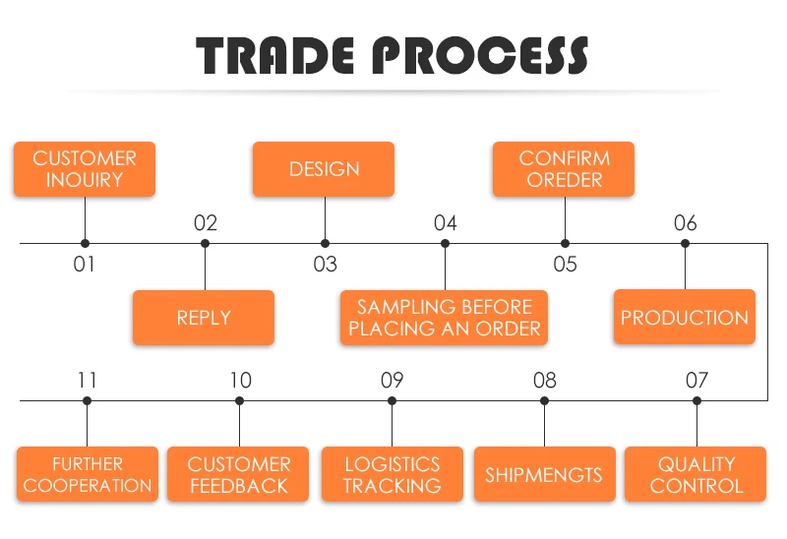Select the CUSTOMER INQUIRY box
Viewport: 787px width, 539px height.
tap(85, 169)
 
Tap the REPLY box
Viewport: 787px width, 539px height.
tap(204, 318)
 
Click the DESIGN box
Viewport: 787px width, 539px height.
tap(324, 169)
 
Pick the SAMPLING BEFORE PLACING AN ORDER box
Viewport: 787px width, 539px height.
tap(445, 318)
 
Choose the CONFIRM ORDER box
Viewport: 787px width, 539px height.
tap(564, 169)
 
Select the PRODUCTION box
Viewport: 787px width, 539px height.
tap(685, 318)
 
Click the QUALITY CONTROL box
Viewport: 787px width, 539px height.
tap(696, 475)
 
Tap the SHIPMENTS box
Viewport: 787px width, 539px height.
tap(543, 475)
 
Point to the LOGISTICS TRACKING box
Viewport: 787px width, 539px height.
tap(392, 475)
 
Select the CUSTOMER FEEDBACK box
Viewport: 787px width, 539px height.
tap(239, 475)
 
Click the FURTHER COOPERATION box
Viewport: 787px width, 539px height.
tap(88, 475)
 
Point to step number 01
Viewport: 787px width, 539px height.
tap(85, 265)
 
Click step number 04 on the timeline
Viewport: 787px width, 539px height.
tap(446, 223)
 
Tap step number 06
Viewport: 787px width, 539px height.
tap(686, 223)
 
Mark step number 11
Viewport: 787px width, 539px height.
tap(88, 380)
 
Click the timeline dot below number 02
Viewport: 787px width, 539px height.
tap(205, 243)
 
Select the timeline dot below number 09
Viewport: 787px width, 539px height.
tap(392, 400)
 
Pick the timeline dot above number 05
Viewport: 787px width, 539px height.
tap(565, 243)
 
